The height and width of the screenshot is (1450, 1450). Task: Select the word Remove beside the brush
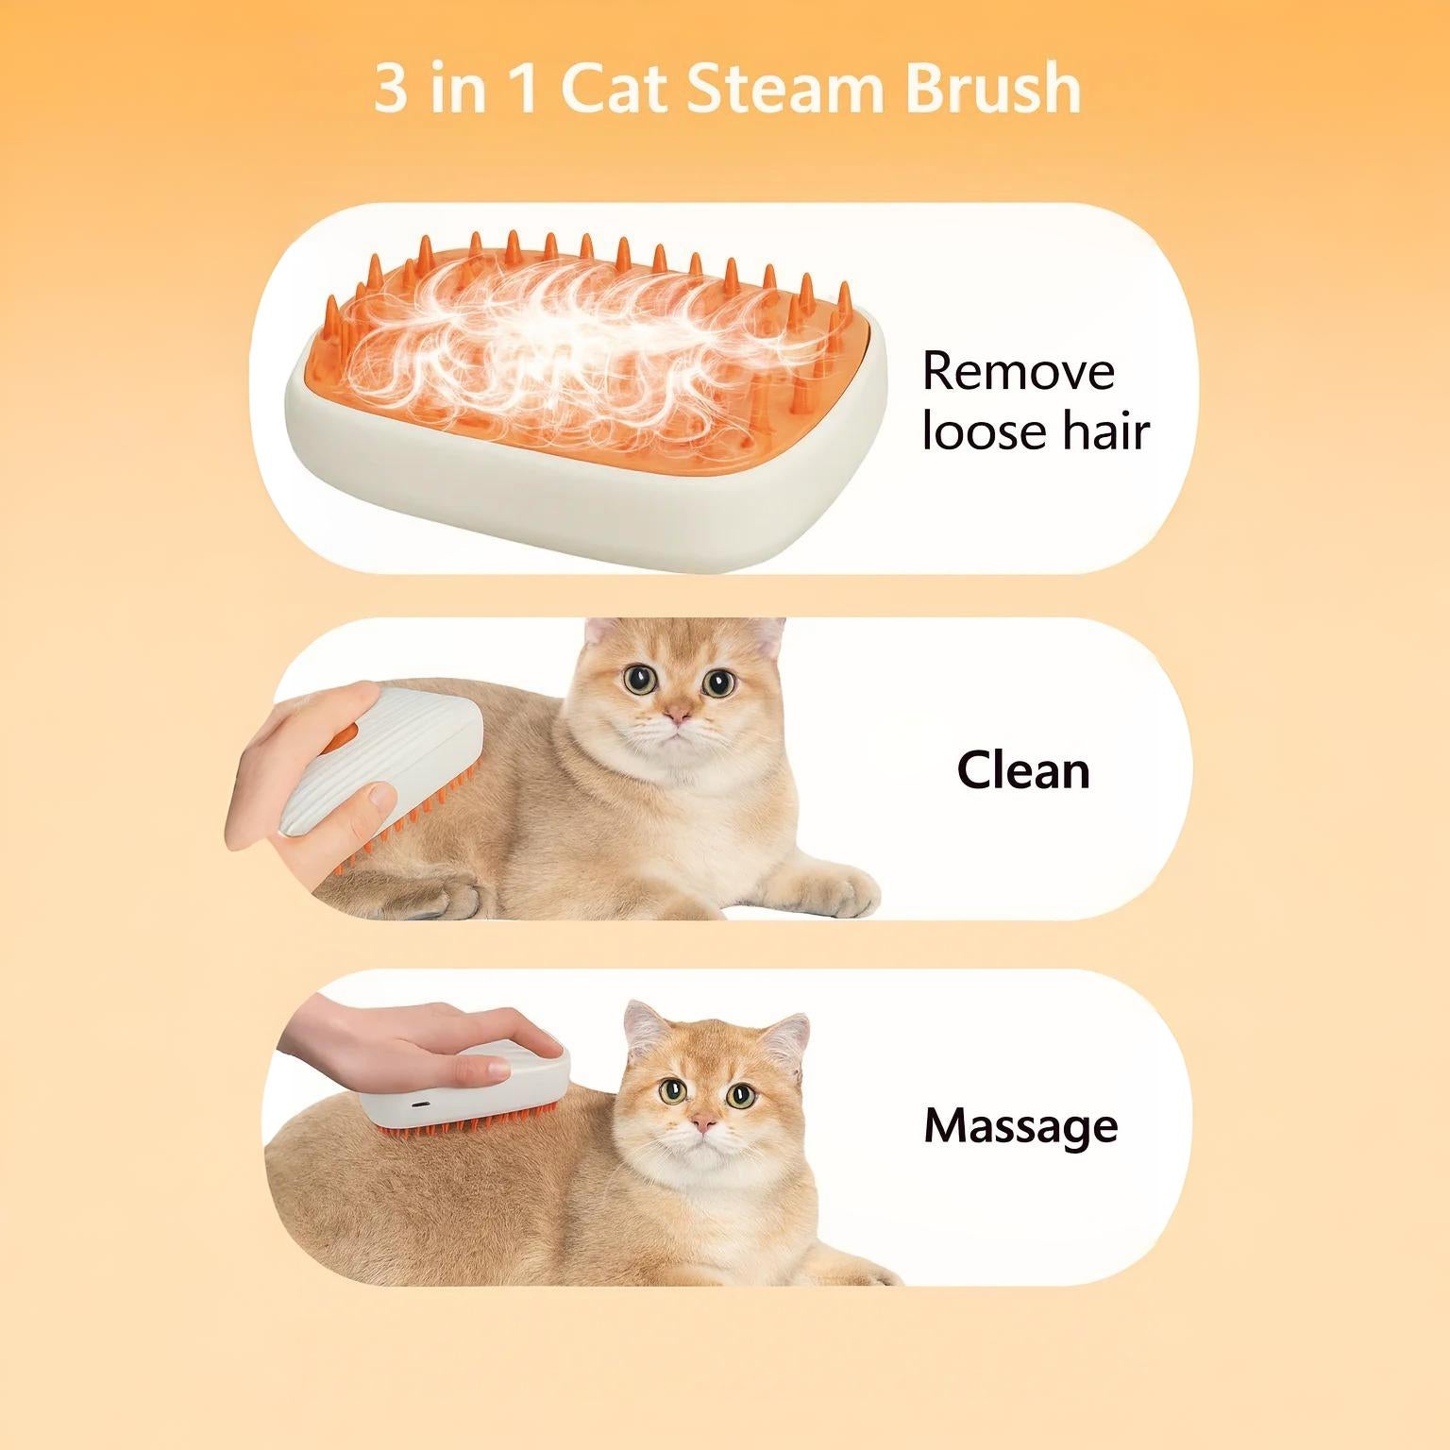(1018, 371)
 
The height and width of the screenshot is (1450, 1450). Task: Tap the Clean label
(1023, 770)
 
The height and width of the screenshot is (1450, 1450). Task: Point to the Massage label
(1020, 1125)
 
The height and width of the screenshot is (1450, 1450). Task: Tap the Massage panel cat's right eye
(740, 1095)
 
